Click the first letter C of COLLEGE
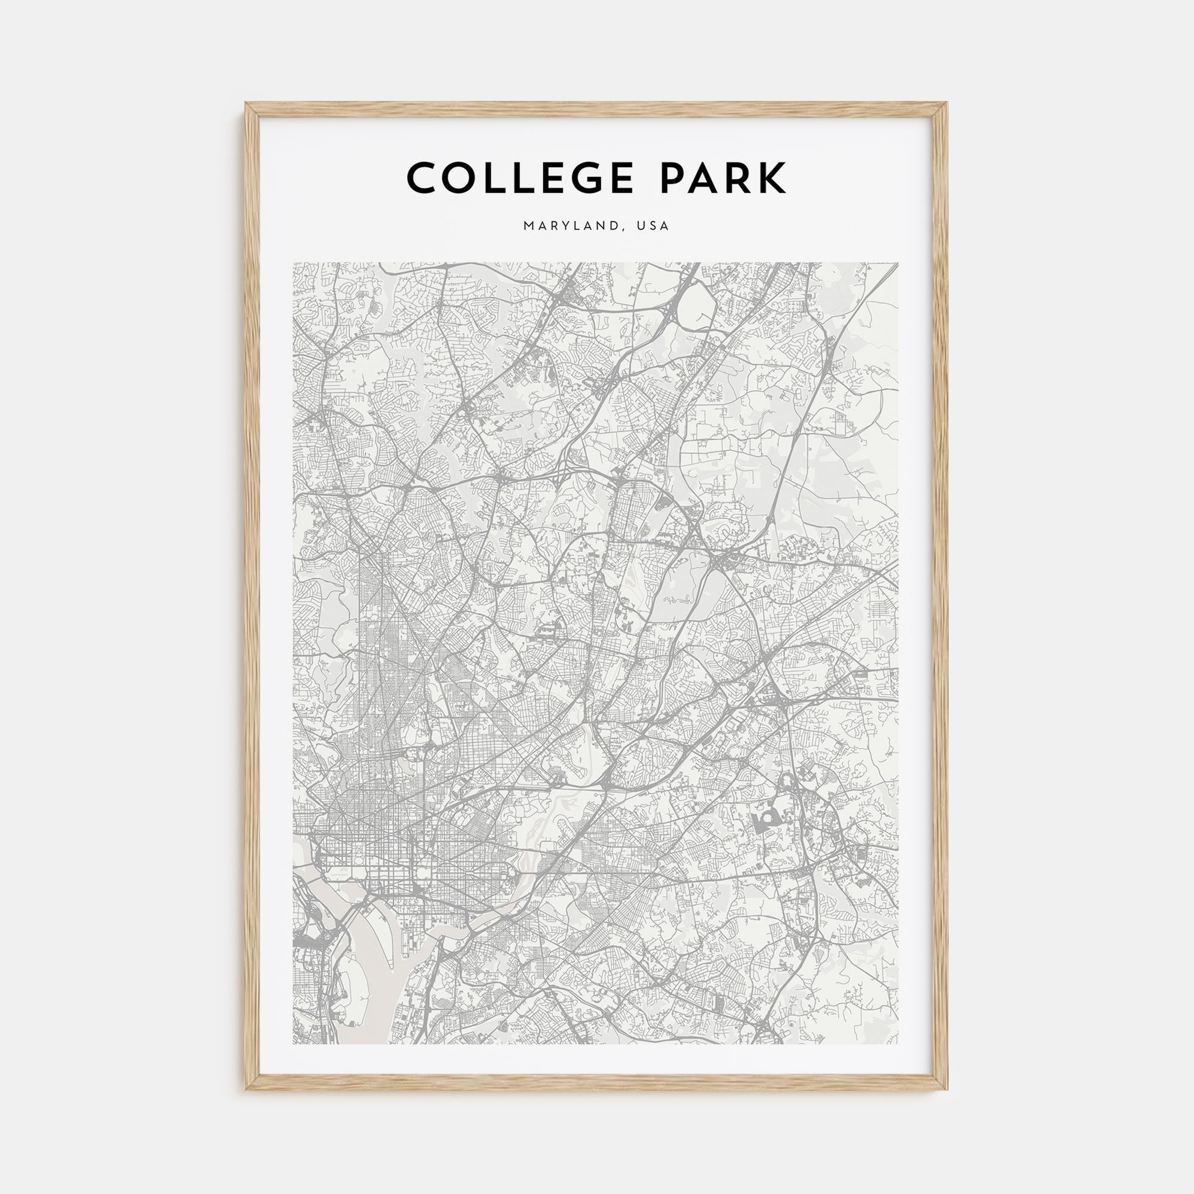coord(423,178)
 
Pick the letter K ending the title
coord(773,178)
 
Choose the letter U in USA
coord(644,226)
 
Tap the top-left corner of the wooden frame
coord(246,104)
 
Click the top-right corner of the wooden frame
coord(947,104)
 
